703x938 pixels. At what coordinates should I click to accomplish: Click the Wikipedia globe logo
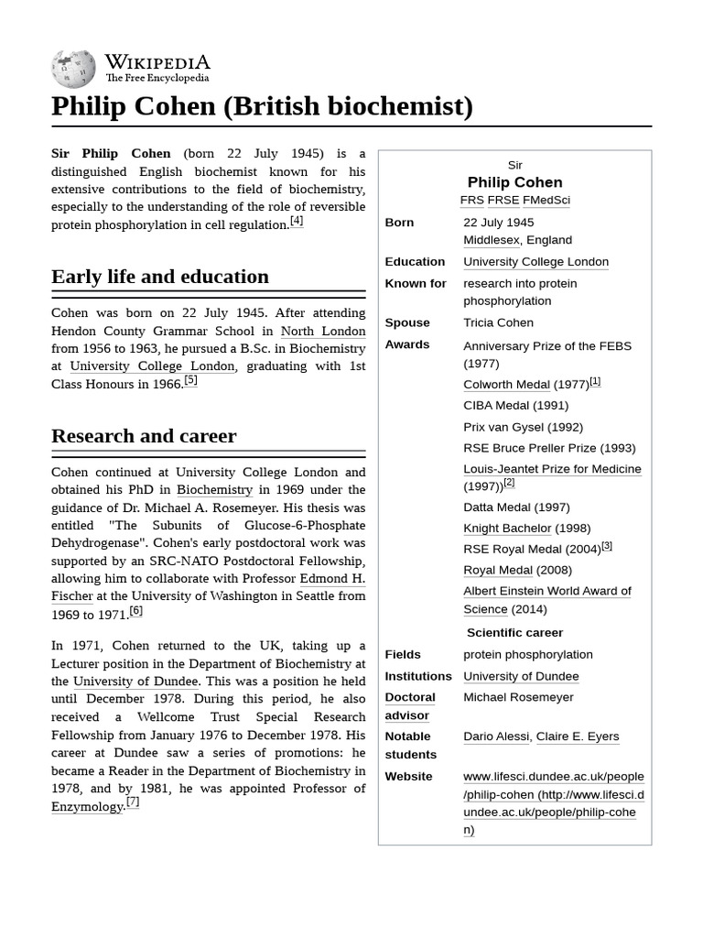click(74, 68)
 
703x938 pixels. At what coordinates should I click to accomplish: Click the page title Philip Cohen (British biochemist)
click(262, 106)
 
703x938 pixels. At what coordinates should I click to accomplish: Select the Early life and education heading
click(160, 277)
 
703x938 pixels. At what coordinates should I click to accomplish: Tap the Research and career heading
click(144, 436)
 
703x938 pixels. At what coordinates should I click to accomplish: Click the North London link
click(322, 331)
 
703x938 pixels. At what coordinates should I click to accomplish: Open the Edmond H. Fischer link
click(332, 578)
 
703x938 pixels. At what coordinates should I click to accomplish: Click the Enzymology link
click(87, 807)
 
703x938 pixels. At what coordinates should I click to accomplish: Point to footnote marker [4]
click(297, 222)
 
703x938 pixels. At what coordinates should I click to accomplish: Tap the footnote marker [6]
click(135, 611)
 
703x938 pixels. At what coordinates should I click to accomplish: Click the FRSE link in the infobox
click(503, 200)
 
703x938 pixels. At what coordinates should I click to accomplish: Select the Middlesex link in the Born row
click(491, 240)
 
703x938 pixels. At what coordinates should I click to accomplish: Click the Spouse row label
click(407, 322)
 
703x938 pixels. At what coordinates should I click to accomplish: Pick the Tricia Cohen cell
click(498, 322)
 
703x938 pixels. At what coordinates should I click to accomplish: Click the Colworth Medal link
click(506, 385)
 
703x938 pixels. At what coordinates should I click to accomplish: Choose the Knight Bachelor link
click(507, 529)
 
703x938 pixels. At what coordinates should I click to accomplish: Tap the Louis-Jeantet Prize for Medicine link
click(552, 469)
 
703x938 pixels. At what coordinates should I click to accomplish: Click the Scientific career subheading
click(514, 633)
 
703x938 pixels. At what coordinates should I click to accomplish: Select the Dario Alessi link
click(495, 736)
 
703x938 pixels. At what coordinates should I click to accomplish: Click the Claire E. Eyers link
click(578, 736)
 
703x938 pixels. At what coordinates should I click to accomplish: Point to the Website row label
click(408, 777)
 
